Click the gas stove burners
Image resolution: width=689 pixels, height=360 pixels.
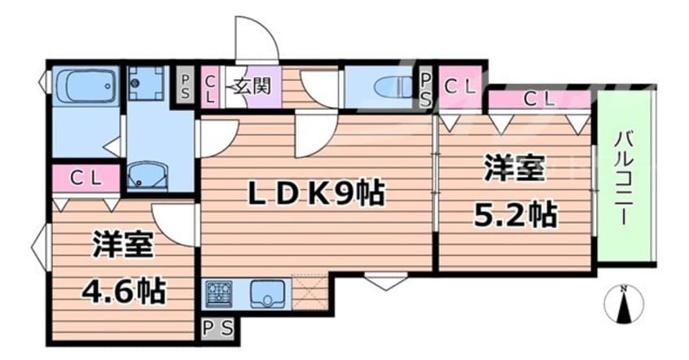click(218, 293)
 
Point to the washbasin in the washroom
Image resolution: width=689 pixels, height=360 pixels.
click(147, 175)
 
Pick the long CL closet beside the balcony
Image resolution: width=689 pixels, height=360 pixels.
click(539, 100)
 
